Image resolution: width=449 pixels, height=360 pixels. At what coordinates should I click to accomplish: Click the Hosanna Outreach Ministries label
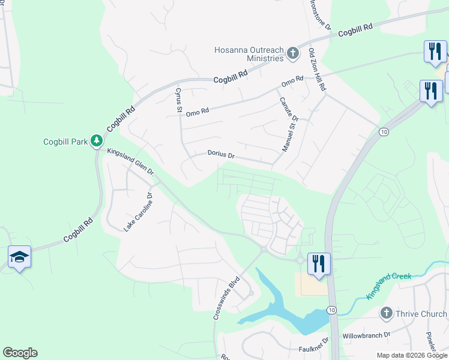(249, 54)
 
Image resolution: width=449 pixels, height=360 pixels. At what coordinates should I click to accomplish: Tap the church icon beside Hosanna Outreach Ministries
(293, 54)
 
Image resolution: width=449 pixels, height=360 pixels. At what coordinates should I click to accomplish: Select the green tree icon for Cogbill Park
(96, 142)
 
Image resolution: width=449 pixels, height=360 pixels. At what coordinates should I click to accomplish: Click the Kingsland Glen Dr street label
(131, 163)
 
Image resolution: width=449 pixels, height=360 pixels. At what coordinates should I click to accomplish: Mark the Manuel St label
(289, 136)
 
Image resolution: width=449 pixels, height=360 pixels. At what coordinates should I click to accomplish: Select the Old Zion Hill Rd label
(317, 70)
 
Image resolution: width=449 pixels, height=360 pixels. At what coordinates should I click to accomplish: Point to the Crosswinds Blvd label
(227, 298)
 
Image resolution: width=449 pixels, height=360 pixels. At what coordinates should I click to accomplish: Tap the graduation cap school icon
(20, 257)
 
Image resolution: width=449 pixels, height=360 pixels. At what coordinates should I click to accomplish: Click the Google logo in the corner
(20, 353)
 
